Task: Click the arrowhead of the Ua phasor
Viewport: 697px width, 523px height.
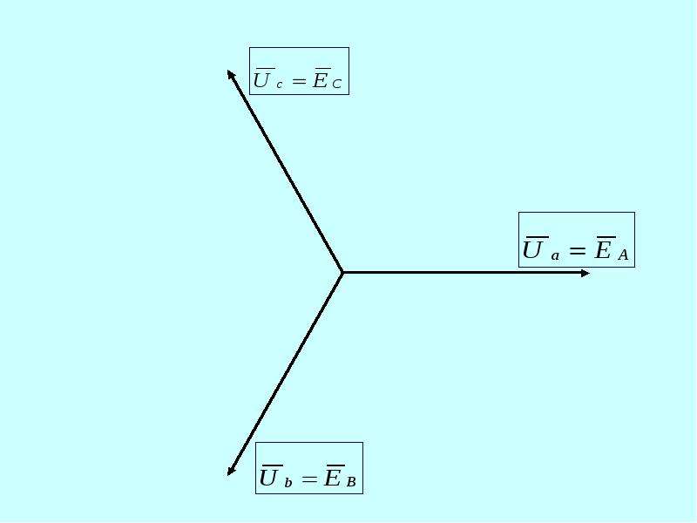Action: click(x=585, y=273)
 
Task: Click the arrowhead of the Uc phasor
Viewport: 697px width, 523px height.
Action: click(x=231, y=74)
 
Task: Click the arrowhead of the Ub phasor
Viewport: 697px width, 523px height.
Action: click(x=231, y=471)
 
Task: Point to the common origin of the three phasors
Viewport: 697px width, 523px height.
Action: click(x=342, y=272)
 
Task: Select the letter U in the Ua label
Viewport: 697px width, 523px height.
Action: click(x=532, y=249)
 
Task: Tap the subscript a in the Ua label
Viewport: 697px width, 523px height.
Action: click(x=555, y=256)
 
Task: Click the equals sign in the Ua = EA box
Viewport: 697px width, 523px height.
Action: click(x=577, y=251)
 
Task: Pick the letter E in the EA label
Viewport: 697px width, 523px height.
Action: click(x=603, y=249)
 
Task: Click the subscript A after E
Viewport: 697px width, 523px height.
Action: click(x=623, y=255)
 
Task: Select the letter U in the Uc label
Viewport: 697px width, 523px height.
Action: click(x=262, y=80)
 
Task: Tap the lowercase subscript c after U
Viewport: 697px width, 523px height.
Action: click(x=279, y=85)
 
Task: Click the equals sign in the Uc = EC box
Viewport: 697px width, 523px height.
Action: click(x=300, y=81)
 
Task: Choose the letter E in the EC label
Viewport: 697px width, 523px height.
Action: click(x=320, y=80)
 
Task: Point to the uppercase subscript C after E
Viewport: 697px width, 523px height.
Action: click(x=336, y=84)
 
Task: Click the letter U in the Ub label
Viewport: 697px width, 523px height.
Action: click(x=268, y=478)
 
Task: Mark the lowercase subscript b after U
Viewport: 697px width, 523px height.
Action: click(x=288, y=482)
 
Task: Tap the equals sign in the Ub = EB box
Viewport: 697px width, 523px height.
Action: click(x=309, y=479)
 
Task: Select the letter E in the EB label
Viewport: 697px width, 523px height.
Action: click(x=332, y=478)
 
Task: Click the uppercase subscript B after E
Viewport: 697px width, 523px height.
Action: click(x=351, y=482)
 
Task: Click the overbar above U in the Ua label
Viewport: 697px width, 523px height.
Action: click(x=537, y=237)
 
